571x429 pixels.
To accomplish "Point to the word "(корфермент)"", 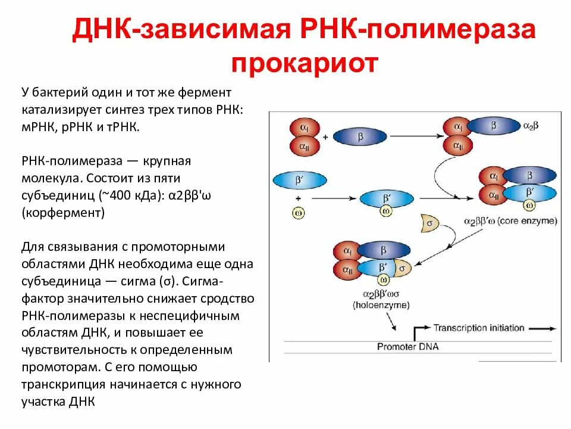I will [x=63, y=213].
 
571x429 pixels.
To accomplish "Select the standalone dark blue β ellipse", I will [x=359, y=136].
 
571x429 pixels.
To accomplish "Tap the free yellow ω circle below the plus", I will [x=297, y=212].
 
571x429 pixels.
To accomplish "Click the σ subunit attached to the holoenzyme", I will [x=403, y=269].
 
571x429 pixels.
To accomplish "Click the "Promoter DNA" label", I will [x=408, y=346].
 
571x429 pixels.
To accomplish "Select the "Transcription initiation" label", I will [x=479, y=328].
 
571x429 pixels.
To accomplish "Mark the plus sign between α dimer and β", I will [x=325, y=137].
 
